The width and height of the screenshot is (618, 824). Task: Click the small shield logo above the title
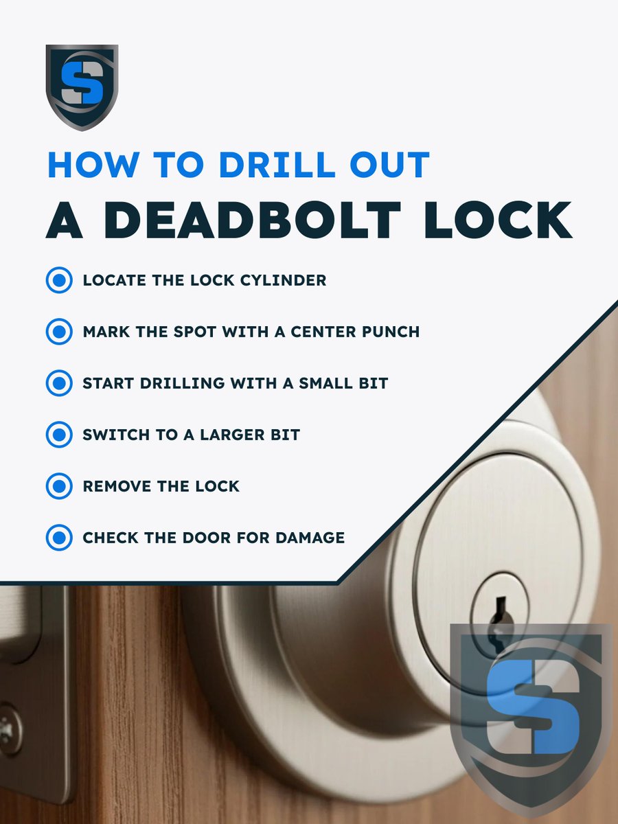(x=82, y=87)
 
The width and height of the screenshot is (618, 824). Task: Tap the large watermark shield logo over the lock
(x=530, y=714)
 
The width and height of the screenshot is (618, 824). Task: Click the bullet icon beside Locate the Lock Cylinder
(x=59, y=280)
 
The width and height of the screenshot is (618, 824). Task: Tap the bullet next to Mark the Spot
(x=59, y=332)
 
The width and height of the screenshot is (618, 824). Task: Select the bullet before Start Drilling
(x=59, y=382)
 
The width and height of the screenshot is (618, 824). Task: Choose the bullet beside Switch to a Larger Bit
(x=59, y=435)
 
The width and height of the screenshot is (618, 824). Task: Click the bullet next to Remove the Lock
(x=59, y=486)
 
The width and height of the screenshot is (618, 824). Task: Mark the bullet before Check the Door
(x=59, y=537)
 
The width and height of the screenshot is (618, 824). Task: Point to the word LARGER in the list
(x=232, y=435)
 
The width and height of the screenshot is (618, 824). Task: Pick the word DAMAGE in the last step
(x=310, y=537)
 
